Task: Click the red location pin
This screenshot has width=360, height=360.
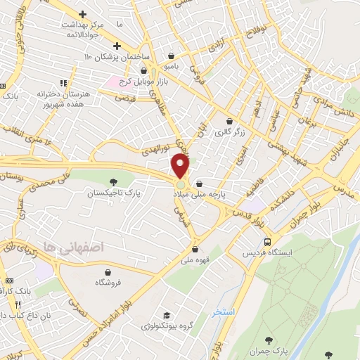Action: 181,166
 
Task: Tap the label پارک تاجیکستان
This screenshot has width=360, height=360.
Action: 114,192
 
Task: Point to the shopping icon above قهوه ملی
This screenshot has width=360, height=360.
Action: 195,248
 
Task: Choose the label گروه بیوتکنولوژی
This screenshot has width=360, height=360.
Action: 167,326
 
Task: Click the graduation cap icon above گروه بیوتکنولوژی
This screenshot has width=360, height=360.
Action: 167,315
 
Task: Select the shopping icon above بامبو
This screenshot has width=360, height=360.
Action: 173,56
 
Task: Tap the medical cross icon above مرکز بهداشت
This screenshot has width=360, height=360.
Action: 83,14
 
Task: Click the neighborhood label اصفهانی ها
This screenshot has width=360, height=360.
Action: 73,247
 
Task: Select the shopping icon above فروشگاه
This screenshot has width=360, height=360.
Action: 109,272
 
